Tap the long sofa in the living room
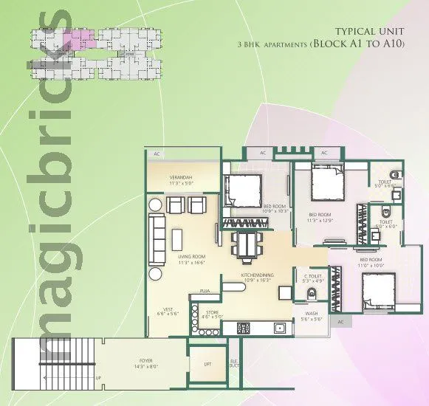(x=157, y=240)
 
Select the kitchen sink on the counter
(x=279, y=327)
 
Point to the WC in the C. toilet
(x=311, y=293)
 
